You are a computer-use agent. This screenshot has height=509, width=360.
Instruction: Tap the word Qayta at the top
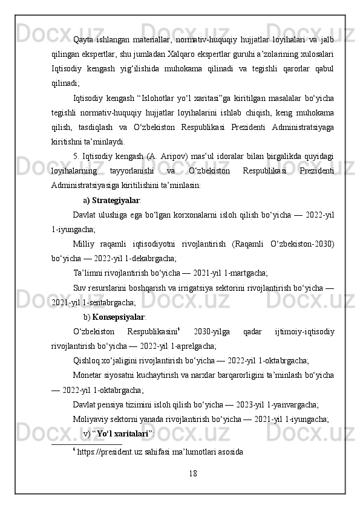83,40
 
